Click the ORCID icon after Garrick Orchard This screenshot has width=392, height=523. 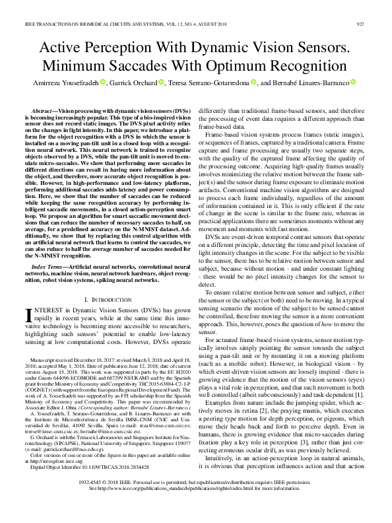coord(160,83)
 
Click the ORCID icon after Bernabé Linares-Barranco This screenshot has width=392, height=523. coord(353,83)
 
